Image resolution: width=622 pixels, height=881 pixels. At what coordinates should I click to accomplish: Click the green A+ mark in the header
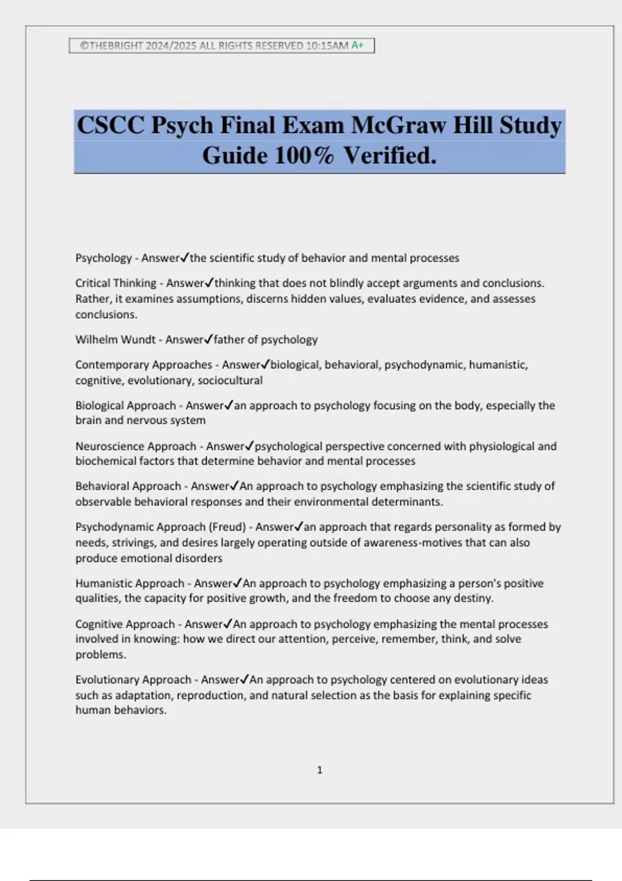[358, 45]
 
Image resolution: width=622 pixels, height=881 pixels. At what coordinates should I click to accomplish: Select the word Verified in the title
[390, 155]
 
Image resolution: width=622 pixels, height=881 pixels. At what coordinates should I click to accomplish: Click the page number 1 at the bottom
[319, 770]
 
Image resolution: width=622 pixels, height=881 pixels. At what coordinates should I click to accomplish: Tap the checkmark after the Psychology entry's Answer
[185, 258]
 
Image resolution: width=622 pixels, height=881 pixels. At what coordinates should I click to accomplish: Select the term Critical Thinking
[116, 283]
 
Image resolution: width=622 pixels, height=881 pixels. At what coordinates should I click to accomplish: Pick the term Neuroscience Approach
[136, 446]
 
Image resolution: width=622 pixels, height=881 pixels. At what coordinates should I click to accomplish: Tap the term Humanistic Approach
[130, 584]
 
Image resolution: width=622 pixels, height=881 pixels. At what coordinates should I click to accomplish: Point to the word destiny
[474, 599]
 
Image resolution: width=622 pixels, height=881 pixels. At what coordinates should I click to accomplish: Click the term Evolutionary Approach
[133, 680]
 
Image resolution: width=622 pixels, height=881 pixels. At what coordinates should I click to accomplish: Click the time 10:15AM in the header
[327, 46]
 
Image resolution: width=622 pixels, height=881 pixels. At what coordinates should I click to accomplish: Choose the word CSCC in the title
[110, 125]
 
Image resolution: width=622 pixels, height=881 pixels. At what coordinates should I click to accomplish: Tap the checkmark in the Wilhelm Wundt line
[208, 339]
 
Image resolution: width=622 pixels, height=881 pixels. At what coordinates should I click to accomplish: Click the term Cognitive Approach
[125, 624]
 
